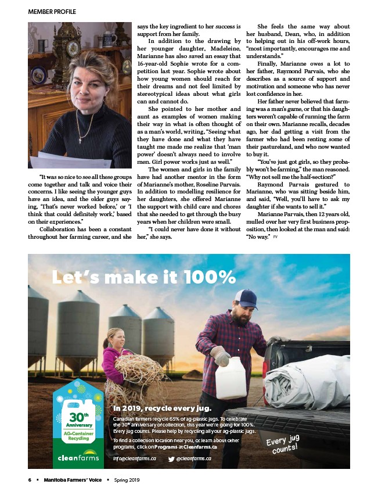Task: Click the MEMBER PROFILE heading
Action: pyautogui.click(x=52, y=12)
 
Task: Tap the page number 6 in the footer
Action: pyautogui.click(x=29, y=480)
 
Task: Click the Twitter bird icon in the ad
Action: pyautogui.click(x=171, y=458)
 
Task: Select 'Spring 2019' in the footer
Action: pyautogui.click(x=127, y=480)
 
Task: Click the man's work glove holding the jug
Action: pyautogui.click(x=221, y=355)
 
